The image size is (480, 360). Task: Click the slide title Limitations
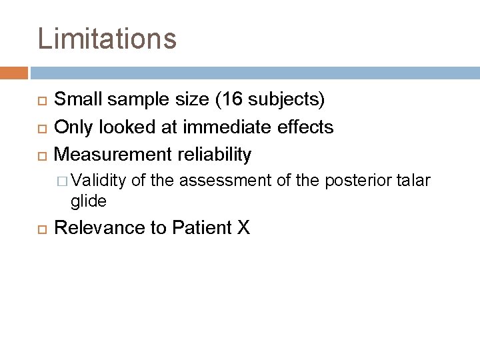click(107, 39)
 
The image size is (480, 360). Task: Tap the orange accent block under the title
click(14, 72)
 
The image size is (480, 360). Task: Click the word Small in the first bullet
click(75, 100)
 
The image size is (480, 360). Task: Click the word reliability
click(213, 155)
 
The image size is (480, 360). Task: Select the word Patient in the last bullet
click(201, 228)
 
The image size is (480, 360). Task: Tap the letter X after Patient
click(243, 228)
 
